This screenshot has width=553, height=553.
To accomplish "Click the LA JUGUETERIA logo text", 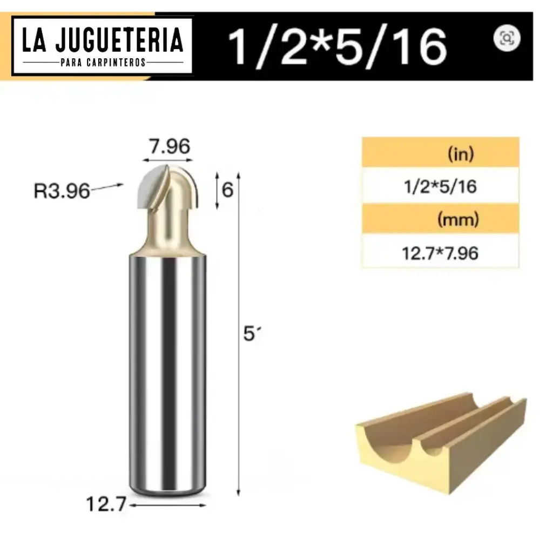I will coord(103,41).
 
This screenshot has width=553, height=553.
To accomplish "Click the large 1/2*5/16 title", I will coord(338,46).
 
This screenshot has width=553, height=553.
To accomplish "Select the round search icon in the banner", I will coord(507,38).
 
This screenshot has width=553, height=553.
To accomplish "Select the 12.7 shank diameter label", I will coord(106,504).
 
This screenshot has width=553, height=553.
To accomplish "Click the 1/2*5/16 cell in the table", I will coord(440,186).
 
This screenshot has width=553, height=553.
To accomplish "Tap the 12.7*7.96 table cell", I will coord(440,252).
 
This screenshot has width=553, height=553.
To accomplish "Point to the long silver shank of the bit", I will coord(167,373).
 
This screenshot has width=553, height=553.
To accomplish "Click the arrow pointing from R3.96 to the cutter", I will coord(108,187).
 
